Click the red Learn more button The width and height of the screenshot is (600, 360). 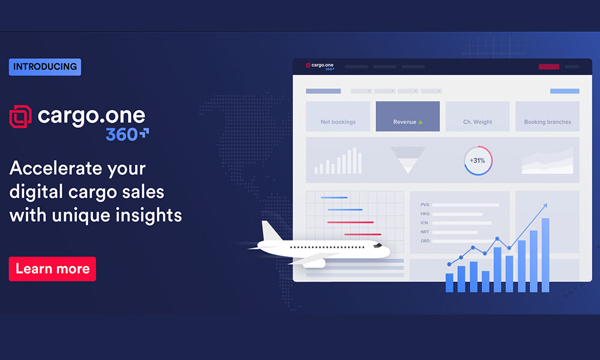[x=52, y=269]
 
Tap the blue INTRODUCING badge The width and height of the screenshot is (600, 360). [x=45, y=67]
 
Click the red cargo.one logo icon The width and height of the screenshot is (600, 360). [x=20, y=116]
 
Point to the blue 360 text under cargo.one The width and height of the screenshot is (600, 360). [x=122, y=134]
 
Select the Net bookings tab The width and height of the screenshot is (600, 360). [x=338, y=116]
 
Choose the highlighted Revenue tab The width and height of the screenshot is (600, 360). [x=407, y=116]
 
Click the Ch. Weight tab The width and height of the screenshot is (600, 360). [x=478, y=116]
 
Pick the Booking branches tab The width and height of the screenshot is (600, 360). [x=547, y=116]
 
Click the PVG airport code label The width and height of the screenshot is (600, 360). [x=425, y=205]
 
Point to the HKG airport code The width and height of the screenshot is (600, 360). [x=425, y=214]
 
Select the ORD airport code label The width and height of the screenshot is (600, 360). [x=425, y=241]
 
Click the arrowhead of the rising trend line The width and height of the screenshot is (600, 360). [x=545, y=206]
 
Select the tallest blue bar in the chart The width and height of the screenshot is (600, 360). [x=545, y=255]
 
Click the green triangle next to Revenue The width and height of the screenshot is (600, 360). [x=421, y=122]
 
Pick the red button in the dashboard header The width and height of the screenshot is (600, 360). [x=549, y=67]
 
